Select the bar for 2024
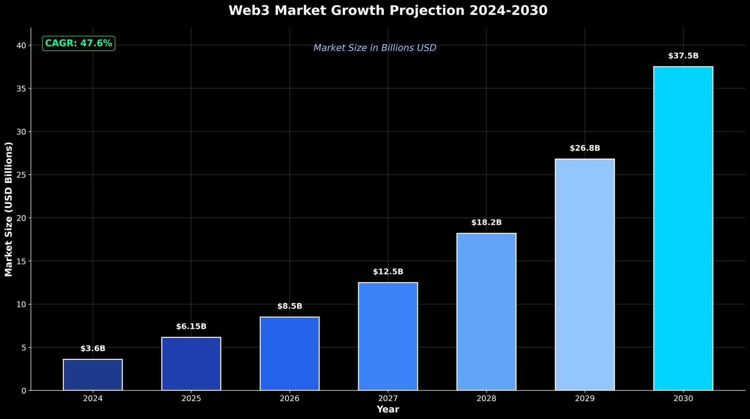point(93,374)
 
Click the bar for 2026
point(290,353)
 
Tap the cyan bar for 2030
point(683,228)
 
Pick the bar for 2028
point(486,312)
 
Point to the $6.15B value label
point(191,327)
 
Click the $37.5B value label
point(683,56)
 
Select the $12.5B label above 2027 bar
point(388,272)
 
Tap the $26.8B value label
point(585,148)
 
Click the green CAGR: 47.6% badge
point(79,44)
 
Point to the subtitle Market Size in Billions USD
point(375,48)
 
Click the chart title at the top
point(388,10)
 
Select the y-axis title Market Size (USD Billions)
point(8,209)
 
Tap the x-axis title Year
point(388,410)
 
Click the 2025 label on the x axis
point(191,399)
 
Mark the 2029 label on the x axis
point(585,399)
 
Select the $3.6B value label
point(93,349)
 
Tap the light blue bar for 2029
point(585,274)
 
